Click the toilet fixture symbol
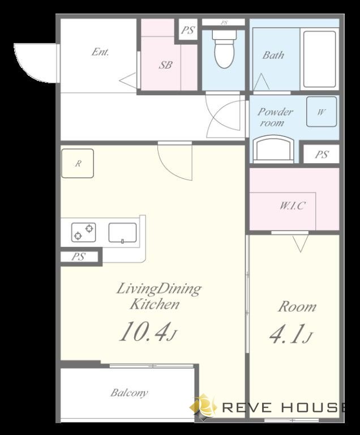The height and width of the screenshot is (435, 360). click(224, 49)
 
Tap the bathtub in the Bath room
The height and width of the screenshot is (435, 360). click(319, 59)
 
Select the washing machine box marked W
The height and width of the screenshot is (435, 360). click(322, 112)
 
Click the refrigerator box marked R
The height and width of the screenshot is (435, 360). click(78, 163)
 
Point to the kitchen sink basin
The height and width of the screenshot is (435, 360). click(122, 232)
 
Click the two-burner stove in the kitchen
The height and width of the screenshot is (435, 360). click(83, 232)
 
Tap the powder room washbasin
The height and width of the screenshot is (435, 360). click(273, 149)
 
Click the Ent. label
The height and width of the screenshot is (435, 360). click(100, 52)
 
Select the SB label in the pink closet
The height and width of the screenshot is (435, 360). click(165, 65)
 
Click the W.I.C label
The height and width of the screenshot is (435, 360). click(293, 206)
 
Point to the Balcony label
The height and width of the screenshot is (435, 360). click(129, 393)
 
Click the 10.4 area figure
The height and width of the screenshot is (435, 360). click(148, 331)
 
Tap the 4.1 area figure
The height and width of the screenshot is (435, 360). click(291, 334)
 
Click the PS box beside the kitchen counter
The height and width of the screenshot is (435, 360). click(79, 257)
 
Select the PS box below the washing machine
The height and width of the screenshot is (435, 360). click(321, 154)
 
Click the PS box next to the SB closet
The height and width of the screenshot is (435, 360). click(188, 29)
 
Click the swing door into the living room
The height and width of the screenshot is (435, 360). click(175, 161)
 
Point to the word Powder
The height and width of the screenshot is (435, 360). click(275, 112)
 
